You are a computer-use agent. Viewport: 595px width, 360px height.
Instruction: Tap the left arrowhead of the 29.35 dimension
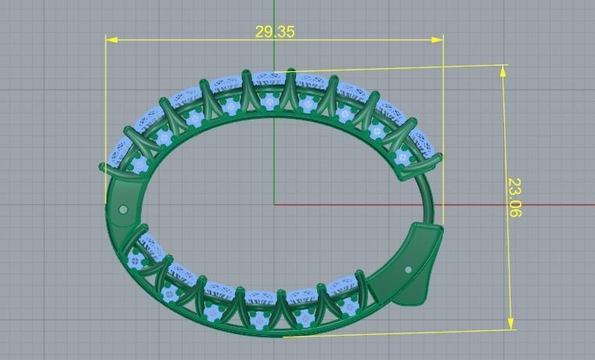click(x=111, y=39)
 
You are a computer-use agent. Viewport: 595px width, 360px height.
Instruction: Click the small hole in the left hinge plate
click(x=123, y=209)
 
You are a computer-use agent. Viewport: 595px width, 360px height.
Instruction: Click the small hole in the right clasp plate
click(x=408, y=270)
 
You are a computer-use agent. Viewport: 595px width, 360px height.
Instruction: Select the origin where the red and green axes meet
click(x=274, y=204)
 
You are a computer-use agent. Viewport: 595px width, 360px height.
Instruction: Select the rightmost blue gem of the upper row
click(x=403, y=157)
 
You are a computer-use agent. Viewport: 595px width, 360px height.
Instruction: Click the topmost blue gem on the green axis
click(x=270, y=100)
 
